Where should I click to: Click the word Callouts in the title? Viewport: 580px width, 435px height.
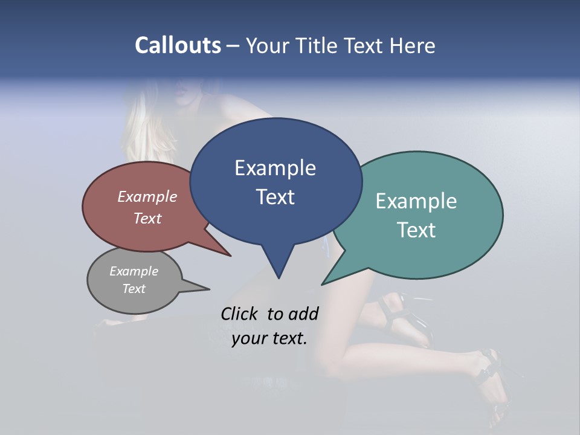point(178,45)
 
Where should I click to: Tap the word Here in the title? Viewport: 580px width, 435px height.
point(413,46)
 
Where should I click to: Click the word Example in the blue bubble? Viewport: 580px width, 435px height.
point(275,168)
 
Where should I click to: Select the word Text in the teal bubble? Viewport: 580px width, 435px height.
point(416,230)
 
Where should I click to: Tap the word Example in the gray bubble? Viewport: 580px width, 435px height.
point(134,271)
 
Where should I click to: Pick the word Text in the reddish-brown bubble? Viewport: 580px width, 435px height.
point(147,219)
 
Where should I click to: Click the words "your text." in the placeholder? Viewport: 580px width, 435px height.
point(269,338)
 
